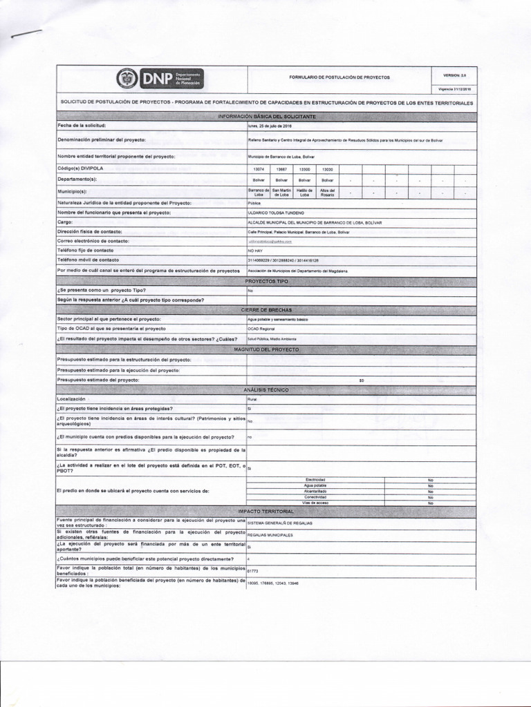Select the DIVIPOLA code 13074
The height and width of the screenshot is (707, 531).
click(x=259, y=169)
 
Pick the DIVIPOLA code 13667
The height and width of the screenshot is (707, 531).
click(x=281, y=169)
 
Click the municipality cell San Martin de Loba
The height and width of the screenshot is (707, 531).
click(x=281, y=193)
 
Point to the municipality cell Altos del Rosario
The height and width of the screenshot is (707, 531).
click(x=328, y=193)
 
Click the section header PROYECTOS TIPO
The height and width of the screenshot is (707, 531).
click(x=267, y=282)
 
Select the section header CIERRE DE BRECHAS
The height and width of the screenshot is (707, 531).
click(x=267, y=310)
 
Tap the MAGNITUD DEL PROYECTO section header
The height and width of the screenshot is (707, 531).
click(x=267, y=350)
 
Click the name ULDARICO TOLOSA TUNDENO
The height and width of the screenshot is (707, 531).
click(x=276, y=213)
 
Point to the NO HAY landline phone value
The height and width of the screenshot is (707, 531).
click(x=256, y=251)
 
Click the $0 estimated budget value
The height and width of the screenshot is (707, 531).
click(x=362, y=380)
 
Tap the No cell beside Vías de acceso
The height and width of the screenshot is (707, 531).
click(x=430, y=503)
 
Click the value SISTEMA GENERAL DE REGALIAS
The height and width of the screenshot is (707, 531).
click(x=280, y=523)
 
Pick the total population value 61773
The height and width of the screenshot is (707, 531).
click(x=252, y=572)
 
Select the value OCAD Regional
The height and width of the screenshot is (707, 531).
click(x=262, y=329)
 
